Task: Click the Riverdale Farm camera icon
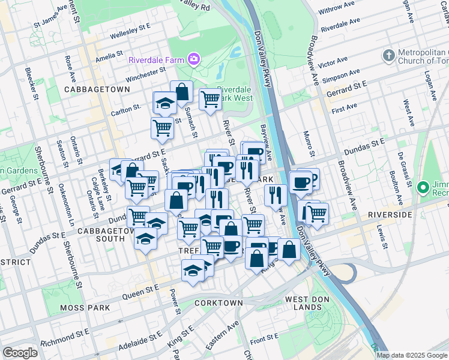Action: point(193,59)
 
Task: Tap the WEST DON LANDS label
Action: point(303,303)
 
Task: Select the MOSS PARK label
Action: point(85,308)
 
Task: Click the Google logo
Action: point(20,352)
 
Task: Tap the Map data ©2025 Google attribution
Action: point(412,355)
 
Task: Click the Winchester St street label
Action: point(145,75)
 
